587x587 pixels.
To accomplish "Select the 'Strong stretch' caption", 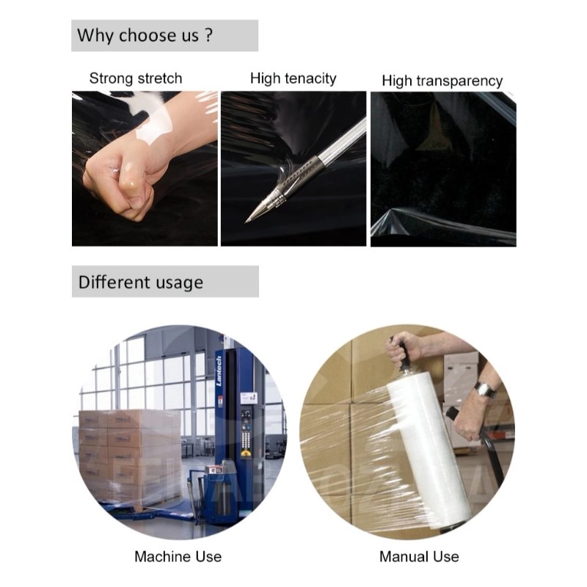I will coord(136,78).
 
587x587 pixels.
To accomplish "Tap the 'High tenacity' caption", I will coord(293,78).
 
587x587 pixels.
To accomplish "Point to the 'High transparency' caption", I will coord(442,81).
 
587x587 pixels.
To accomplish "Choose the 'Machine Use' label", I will coord(178,556).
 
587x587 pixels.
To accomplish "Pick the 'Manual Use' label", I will coord(419,556).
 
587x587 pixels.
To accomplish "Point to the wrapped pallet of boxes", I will coord(128,455).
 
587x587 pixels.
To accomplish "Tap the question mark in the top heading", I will coord(208,35).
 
